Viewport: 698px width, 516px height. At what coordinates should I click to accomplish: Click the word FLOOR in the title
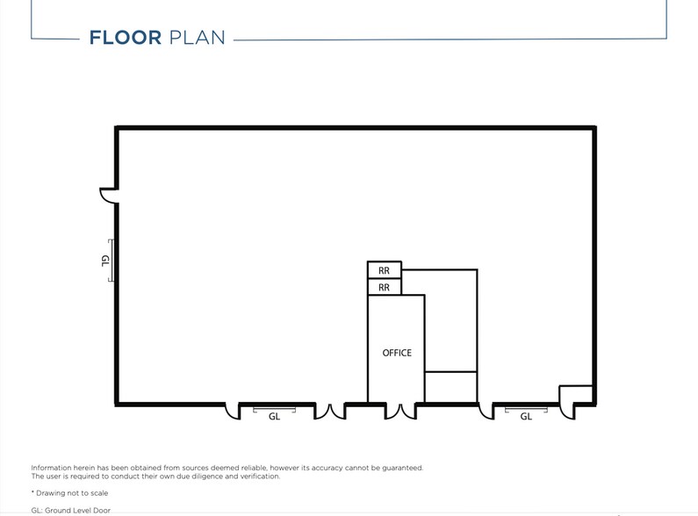click(125, 38)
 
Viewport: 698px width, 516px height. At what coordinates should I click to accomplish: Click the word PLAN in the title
click(198, 38)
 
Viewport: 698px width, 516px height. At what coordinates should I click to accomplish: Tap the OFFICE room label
click(397, 353)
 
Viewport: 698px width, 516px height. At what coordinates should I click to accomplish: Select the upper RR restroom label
click(385, 270)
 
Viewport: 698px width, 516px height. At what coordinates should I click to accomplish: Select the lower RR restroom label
click(385, 287)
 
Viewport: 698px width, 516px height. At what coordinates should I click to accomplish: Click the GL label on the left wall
click(105, 261)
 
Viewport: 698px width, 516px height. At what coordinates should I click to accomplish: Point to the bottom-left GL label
click(274, 416)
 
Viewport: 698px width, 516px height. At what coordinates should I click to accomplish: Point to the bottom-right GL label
click(526, 416)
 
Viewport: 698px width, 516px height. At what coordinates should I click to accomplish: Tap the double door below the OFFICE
click(400, 412)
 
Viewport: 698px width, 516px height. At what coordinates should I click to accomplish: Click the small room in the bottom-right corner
click(576, 394)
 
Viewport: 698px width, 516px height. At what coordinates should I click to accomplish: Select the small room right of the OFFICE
click(451, 387)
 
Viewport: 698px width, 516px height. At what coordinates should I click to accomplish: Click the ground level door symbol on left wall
click(111, 261)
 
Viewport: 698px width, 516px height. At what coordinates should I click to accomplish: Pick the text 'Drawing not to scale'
click(72, 493)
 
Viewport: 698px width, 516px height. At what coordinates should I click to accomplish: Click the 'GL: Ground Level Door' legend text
click(71, 510)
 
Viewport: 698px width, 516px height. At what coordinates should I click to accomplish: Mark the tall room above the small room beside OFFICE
click(451, 320)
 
